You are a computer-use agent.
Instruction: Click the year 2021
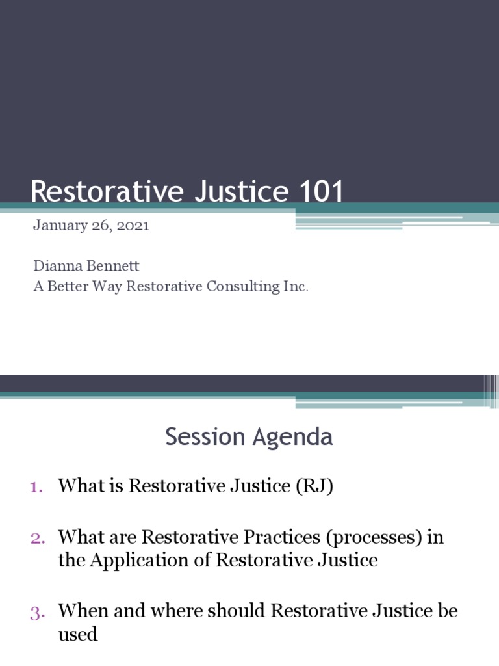tap(134, 226)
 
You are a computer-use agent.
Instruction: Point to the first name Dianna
tap(54, 267)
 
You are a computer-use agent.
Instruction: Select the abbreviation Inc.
tap(296, 286)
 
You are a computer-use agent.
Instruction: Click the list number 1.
tap(36, 486)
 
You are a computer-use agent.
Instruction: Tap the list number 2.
tap(36, 537)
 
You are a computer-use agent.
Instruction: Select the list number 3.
tap(36, 611)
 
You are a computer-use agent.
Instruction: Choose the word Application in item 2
tap(136, 560)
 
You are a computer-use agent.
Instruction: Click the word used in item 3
tap(78, 633)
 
